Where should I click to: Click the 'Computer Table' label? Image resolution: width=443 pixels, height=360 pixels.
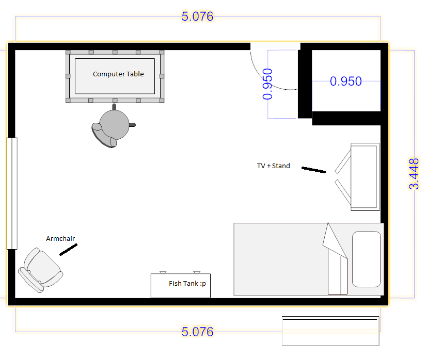(x=118, y=74)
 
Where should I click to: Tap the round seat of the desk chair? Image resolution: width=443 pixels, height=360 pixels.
(x=114, y=125)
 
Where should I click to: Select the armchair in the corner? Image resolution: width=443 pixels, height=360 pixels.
(x=40, y=270)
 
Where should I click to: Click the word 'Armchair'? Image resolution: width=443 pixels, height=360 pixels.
(x=60, y=238)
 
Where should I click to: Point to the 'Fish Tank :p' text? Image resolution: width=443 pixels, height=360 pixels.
(x=187, y=283)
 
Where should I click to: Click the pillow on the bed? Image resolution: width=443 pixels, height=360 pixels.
(x=367, y=259)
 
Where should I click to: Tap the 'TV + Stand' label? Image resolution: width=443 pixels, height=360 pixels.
(x=274, y=166)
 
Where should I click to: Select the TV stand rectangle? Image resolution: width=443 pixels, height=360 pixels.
(x=365, y=177)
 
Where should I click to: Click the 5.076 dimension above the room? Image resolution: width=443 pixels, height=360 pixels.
(x=197, y=17)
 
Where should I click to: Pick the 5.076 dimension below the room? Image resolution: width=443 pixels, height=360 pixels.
(x=197, y=332)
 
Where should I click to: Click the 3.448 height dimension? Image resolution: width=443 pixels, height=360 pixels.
(x=414, y=174)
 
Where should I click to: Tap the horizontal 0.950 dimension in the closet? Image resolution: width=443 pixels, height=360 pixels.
(x=346, y=81)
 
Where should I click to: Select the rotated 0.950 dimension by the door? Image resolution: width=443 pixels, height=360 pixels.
(x=267, y=84)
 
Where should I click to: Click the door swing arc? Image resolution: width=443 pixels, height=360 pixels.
(x=263, y=78)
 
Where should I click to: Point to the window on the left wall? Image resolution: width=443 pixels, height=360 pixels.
(x=12, y=193)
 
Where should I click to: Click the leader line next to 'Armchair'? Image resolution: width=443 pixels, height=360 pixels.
(x=68, y=250)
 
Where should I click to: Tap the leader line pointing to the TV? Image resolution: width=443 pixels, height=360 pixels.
(x=313, y=170)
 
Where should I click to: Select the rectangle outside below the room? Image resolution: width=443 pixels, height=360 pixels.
(x=330, y=331)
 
